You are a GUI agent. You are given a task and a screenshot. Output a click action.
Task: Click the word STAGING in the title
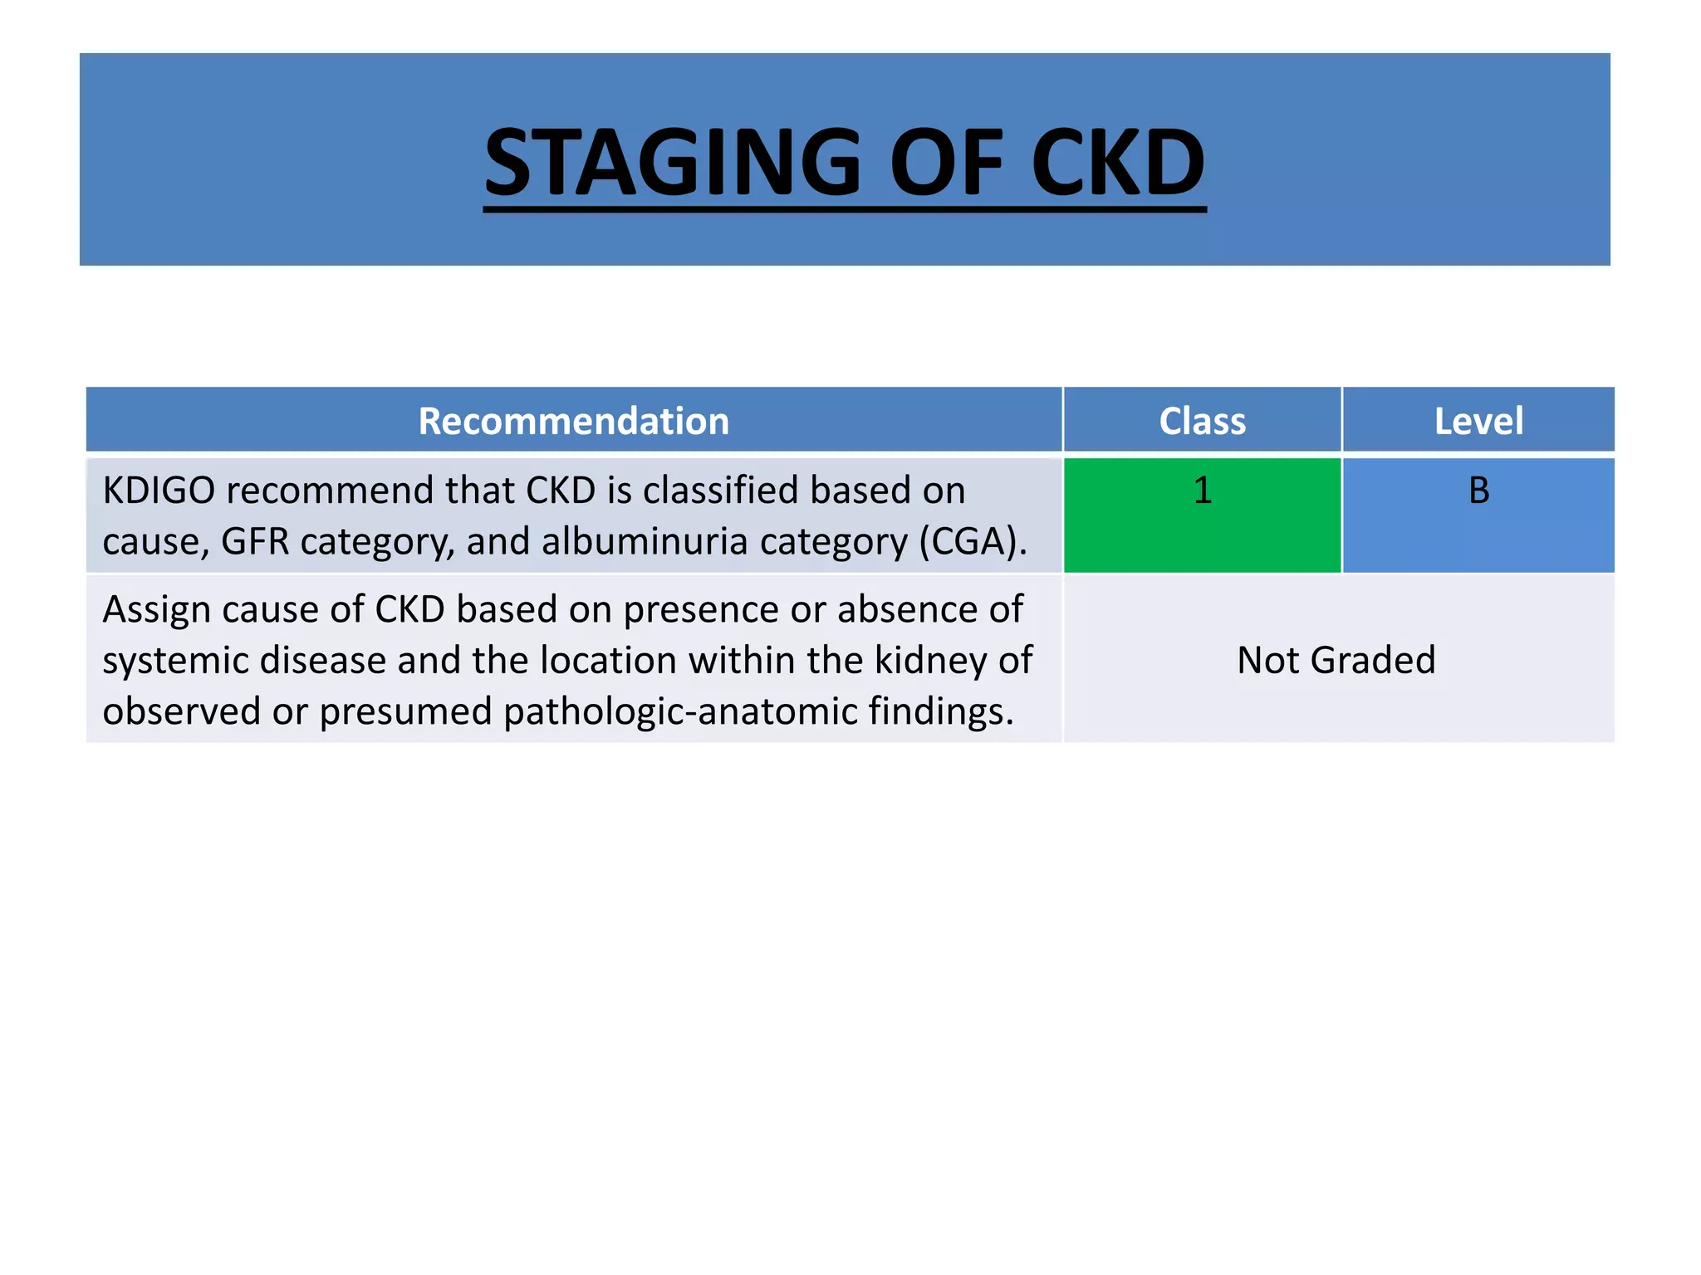point(673,163)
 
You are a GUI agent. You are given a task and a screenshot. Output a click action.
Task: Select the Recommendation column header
point(573,421)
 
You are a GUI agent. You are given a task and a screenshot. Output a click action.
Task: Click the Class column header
point(1202,421)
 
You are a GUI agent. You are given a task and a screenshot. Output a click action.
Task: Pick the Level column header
point(1478,421)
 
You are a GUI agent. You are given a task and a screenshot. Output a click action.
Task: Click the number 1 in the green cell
point(1202,491)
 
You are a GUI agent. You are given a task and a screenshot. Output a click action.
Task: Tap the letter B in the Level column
point(1478,491)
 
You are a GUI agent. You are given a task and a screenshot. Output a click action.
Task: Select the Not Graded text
point(1336,661)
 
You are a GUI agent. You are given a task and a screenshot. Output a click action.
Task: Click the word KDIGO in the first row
point(159,491)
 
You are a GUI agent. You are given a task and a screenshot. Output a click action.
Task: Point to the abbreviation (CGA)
point(973,542)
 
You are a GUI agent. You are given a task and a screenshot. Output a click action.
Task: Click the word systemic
point(175,662)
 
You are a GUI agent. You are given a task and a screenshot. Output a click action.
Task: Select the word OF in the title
point(946,163)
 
